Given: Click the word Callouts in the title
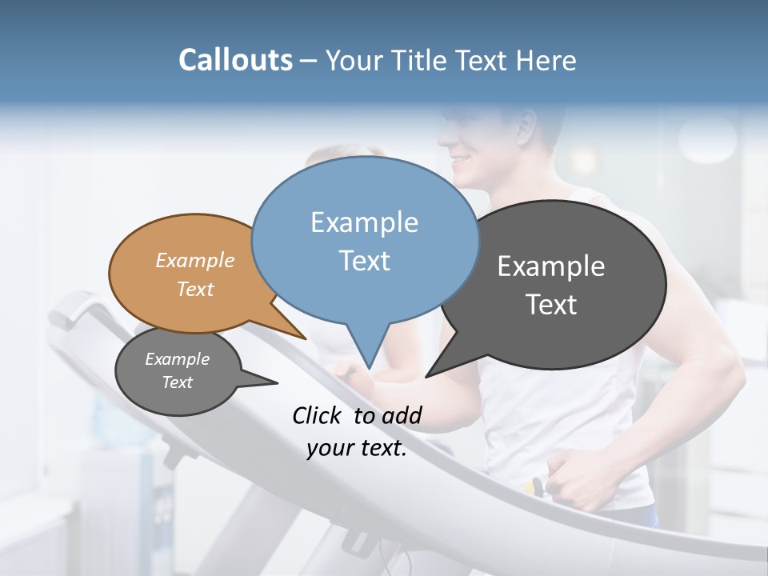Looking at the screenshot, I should click(235, 60).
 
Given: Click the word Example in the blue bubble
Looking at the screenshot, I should click(364, 222).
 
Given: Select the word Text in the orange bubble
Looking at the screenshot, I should click(195, 290).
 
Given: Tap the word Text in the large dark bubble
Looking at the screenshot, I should click(551, 305).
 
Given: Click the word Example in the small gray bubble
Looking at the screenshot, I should click(177, 359).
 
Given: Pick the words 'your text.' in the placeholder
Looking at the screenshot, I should click(357, 449).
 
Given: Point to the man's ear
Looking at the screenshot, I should click(525, 123).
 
